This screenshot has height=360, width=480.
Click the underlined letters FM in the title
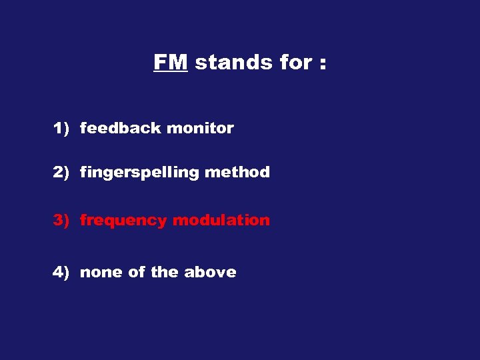pyautogui.click(x=171, y=62)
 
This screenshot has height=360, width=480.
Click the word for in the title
pyautogui.click(x=287, y=62)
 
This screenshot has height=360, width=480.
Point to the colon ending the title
pyautogui.click(x=323, y=64)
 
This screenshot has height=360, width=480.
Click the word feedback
pyautogui.click(x=121, y=128)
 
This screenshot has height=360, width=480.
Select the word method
pyautogui.click(x=237, y=172)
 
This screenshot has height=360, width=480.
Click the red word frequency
pyautogui.click(x=123, y=221)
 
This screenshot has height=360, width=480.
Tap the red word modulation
pyautogui.click(x=221, y=220)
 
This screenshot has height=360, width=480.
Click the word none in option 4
pyautogui.click(x=99, y=273)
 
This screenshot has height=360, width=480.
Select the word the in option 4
pyautogui.click(x=165, y=272)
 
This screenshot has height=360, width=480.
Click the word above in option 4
pyautogui.click(x=210, y=272)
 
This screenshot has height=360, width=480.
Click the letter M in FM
pyautogui.click(x=179, y=62)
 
